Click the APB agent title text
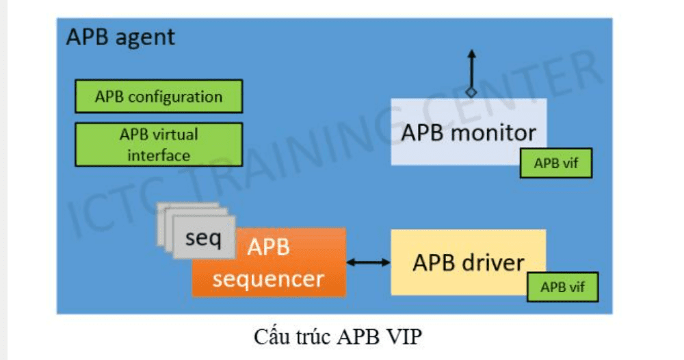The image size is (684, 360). click(120, 37)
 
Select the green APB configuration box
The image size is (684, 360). click(159, 97)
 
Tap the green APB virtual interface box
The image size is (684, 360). click(159, 144)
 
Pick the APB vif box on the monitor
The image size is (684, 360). click(555, 164)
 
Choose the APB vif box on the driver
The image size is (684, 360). click(562, 287)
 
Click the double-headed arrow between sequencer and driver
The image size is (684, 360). click(368, 262)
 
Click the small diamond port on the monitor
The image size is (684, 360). click(471, 92)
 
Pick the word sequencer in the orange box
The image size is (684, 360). click(268, 279)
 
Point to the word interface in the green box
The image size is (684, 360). click(159, 155)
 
